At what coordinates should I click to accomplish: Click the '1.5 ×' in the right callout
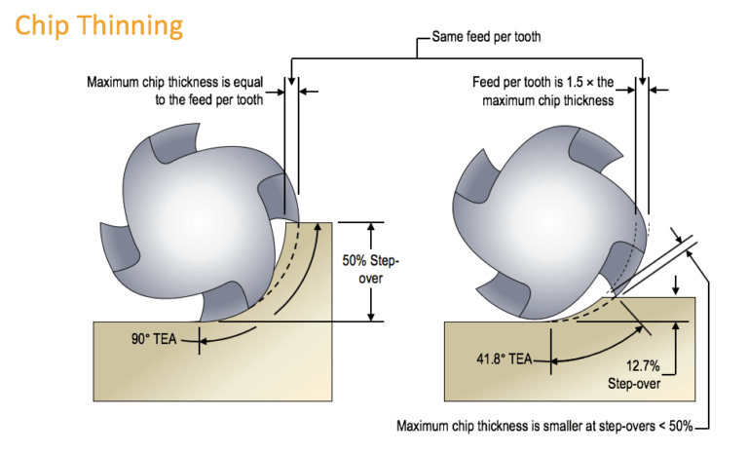[x=603, y=82]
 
